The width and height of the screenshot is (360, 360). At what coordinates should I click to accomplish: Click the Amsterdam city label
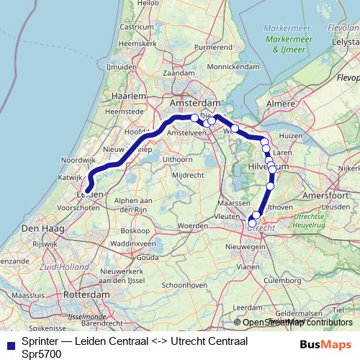(194, 104)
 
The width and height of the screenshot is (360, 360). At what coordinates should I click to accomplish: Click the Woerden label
(192, 225)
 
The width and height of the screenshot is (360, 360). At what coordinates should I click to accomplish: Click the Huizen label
(290, 135)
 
